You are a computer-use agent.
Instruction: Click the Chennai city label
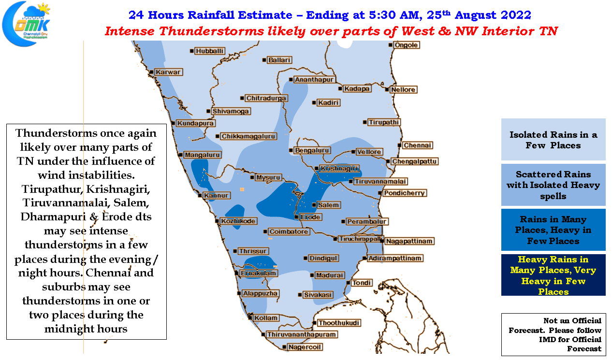[417, 145]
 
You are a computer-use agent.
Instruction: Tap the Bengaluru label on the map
[312, 150]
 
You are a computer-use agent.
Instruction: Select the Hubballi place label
[209, 51]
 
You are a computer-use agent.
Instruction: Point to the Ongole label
[406, 45]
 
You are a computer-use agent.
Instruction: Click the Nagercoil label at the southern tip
[305, 347]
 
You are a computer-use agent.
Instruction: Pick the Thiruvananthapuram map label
[301, 334]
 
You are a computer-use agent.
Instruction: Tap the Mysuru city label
[268, 177]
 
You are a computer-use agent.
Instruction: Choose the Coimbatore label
[289, 231]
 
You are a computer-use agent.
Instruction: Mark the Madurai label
[330, 275]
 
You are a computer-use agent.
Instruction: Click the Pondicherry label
[404, 193]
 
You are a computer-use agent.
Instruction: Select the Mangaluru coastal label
[202, 155]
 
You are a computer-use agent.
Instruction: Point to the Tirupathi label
[384, 122]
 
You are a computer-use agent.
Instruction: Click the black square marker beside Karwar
[151, 72]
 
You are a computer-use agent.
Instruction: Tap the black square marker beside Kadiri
[314, 103]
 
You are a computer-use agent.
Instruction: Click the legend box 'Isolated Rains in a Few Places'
[553, 139]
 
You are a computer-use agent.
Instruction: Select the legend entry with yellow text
[553, 275]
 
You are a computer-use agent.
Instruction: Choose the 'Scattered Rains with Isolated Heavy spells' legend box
[553, 185]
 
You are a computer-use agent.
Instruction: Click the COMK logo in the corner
[27, 24]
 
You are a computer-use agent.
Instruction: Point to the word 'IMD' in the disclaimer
[546, 340]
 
